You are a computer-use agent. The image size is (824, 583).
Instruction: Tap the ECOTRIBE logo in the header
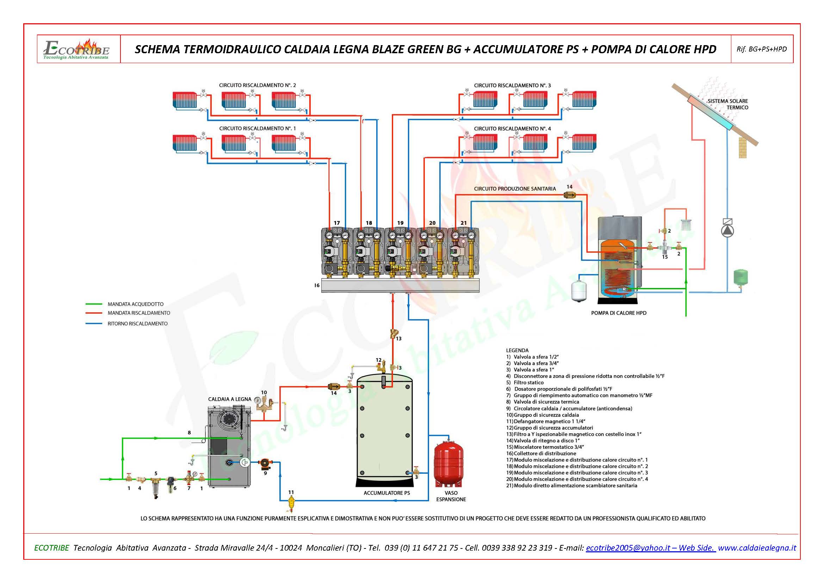tap(76, 49)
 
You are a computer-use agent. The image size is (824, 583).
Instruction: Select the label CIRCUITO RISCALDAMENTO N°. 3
tap(512, 85)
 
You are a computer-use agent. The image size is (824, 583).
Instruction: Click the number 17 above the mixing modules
tap(337, 223)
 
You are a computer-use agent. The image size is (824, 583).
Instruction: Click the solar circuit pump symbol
tap(727, 231)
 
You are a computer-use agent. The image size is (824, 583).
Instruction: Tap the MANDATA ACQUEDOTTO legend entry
tap(135, 304)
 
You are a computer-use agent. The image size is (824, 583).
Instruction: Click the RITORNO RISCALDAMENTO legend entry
tap(137, 324)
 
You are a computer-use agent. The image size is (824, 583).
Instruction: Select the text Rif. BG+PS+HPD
tap(762, 49)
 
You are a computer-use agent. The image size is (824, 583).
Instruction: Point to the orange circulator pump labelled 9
tap(265, 464)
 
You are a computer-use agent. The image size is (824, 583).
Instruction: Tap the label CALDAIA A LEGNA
tap(230, 399)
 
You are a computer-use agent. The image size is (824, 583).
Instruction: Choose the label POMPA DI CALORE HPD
tap(619, 313)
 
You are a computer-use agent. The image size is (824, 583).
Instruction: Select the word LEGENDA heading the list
tap(517, 350)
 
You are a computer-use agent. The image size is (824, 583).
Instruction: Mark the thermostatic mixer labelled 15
tap(665, 248)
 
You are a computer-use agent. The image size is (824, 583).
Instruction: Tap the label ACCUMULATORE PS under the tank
tap(386, 493)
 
